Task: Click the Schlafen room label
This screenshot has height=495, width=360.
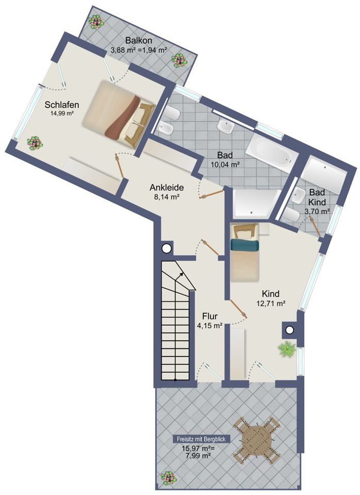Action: (x=61, y=104)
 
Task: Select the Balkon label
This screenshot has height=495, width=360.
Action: (x=138, y=41)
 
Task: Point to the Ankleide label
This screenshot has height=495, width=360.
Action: (x=167, y=187)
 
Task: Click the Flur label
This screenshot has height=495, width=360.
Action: (x=209, y=316)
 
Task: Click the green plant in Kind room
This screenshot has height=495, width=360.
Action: (x=286, y=350)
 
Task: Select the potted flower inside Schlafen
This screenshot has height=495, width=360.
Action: (x=35, y=142)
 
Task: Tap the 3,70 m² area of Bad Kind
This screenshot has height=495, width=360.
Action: (x=317, y=211)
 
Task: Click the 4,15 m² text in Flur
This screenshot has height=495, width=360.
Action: (x=209, y=326)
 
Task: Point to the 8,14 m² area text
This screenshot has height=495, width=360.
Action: (x=167, y=197)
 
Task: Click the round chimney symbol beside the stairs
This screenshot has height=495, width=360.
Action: (x=166, y=249)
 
